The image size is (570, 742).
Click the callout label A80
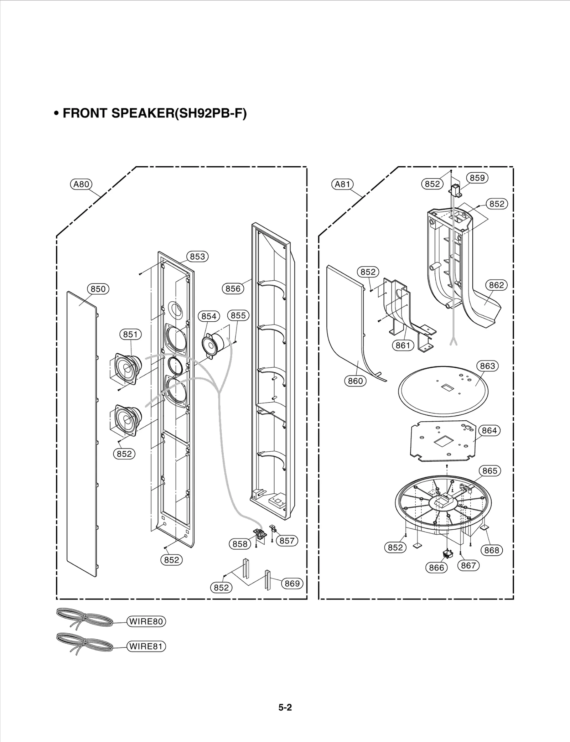pos(81,184)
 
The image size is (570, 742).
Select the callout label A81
pos(343,184)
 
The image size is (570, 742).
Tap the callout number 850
pos(98,289)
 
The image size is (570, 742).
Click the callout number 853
pos(197,256)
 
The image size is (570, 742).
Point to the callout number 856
pos(233,289)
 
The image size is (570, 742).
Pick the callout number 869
pos(292,583)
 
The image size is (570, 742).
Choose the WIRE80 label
pos(146,622)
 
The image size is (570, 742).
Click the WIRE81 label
pos(146,647)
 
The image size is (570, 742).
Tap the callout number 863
pos(487,366)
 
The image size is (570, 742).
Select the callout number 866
pos(436,567)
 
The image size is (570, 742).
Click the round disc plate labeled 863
pos(443,392)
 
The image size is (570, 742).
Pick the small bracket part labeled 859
pos(456,191)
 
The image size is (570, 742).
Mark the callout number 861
pos(403,345)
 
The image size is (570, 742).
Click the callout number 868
pos(492,550)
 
